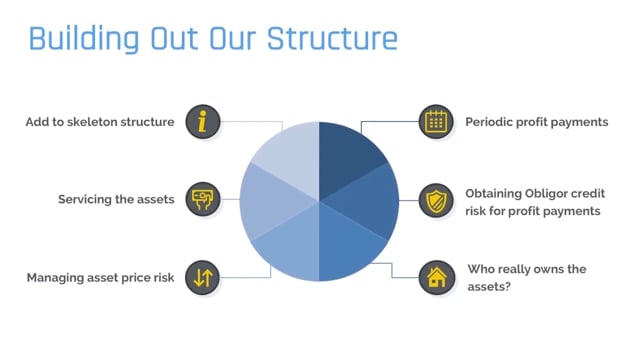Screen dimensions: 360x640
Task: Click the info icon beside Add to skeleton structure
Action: click(x=204, y=122)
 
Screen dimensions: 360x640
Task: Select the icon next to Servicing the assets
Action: click(x=204, y=199)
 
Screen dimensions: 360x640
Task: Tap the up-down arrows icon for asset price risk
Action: click(x=204, y=277)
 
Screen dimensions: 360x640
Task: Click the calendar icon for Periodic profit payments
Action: click(x=435, y=122)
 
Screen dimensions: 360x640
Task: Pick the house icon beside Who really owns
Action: click(x=435, y=277)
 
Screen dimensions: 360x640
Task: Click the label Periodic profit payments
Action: click(x=536, y=122)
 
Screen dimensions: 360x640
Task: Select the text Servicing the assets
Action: click(x=116, y=199)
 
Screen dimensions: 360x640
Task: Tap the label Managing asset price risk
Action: click(x=101, y=277)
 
